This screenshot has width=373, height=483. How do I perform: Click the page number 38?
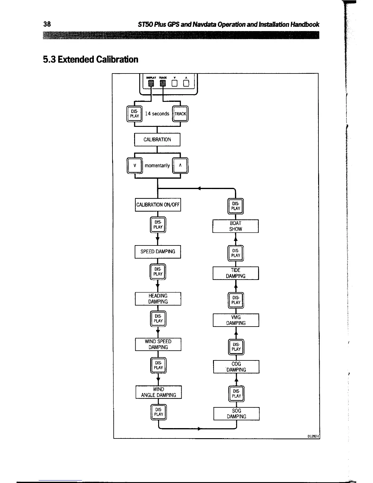click(x=47, y=24)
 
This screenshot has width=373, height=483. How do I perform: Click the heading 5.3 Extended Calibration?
click(x=91, y=59)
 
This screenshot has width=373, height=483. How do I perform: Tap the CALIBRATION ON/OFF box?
click(x=158, y=205)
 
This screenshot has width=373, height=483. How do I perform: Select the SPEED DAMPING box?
click(x=158, y=252)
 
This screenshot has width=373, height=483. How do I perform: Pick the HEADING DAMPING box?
click(x=158, y=299)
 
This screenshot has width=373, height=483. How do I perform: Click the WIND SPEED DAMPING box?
click(x=158, y=344)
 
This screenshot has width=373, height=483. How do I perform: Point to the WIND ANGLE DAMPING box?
click(x=158, y=392)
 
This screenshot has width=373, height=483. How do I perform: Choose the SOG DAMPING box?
click(x=236, y=413)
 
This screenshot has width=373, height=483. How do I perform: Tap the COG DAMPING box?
click(x=236, y=367)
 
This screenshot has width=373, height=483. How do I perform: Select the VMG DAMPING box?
click(x=236, y=320)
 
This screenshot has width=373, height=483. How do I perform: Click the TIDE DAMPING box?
click(x=236, y=273)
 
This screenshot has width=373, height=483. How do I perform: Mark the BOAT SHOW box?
click(x=236, y=226)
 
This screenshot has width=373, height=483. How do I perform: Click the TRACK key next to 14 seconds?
click(x=180, y=114)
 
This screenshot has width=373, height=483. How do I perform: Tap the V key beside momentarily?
click(x=134, y=166)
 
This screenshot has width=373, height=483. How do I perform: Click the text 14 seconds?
click(x=157, y=114)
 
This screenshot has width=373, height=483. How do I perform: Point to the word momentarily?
click(x=157, y=166)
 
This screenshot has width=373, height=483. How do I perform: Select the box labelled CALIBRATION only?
click(x=157, y=140)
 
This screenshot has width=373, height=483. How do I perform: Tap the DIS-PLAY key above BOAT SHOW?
click(x=236, y=206)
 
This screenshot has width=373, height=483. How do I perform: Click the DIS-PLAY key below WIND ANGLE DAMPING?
click(x=159, y=412)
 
